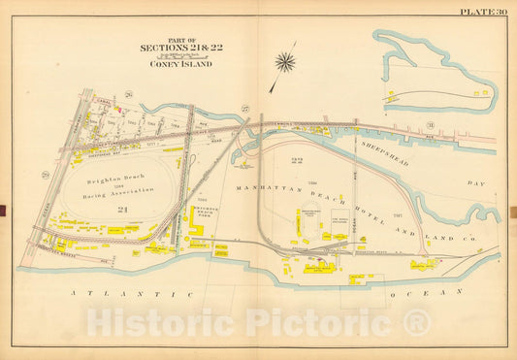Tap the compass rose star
[x=285, y=63]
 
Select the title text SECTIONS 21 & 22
[x=177, y=48]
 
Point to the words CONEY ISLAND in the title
[x=177, y=64]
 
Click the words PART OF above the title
[x=177, y=38]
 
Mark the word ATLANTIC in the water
[x=107, y=293]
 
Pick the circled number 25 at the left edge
[x=45, y=174]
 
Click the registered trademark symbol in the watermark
[x=419, y=324]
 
